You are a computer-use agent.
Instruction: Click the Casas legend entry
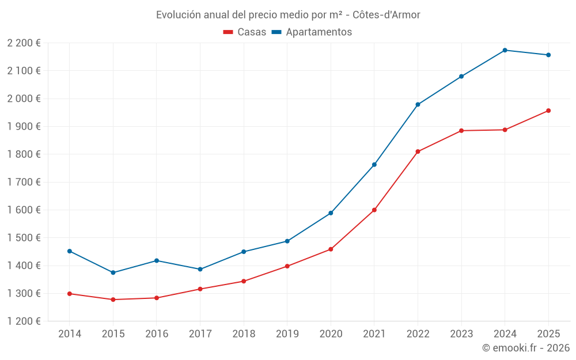(245, 32)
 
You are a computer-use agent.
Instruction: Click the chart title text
(288, 14)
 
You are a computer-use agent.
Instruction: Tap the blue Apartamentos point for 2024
(505, 50)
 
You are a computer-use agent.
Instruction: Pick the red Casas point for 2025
(548, 111)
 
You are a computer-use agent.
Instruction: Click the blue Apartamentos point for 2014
(70, 251)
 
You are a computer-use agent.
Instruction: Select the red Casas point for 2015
(113, 300)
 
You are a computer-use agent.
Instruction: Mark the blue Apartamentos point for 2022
(418, 104)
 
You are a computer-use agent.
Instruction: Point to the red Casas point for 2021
(374, 210)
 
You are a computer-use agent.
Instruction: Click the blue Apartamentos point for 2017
(200, 269)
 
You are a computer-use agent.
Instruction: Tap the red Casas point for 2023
(461, 131)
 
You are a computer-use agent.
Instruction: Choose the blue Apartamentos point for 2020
(331, 213)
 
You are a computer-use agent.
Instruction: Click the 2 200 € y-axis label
(24, 43)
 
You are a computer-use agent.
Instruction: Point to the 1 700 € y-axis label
(24, 182)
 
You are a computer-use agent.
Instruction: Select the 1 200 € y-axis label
(24, 321)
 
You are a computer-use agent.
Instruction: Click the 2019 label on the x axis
(287, 334)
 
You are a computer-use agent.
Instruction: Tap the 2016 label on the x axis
(157, 334)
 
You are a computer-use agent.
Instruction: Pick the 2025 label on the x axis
(548, 334)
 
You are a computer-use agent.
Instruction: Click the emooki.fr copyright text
(525, 348)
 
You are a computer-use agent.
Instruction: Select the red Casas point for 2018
(244, 281)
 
